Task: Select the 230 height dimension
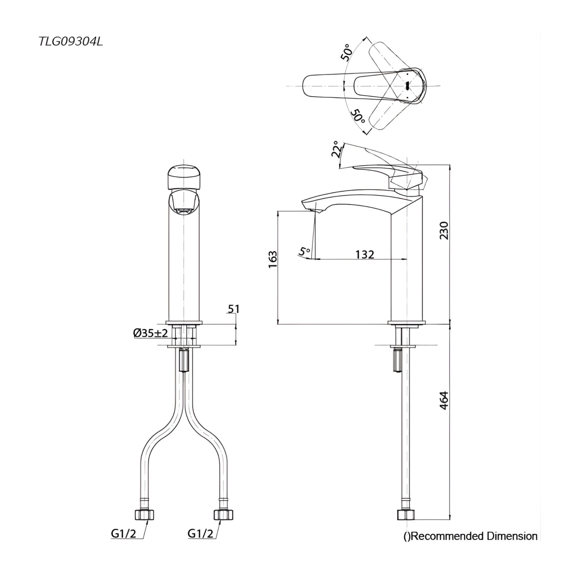(444, 231)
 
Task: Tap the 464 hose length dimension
(444, 401)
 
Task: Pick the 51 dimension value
(233, 309)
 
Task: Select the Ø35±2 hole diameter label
(151, 333)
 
